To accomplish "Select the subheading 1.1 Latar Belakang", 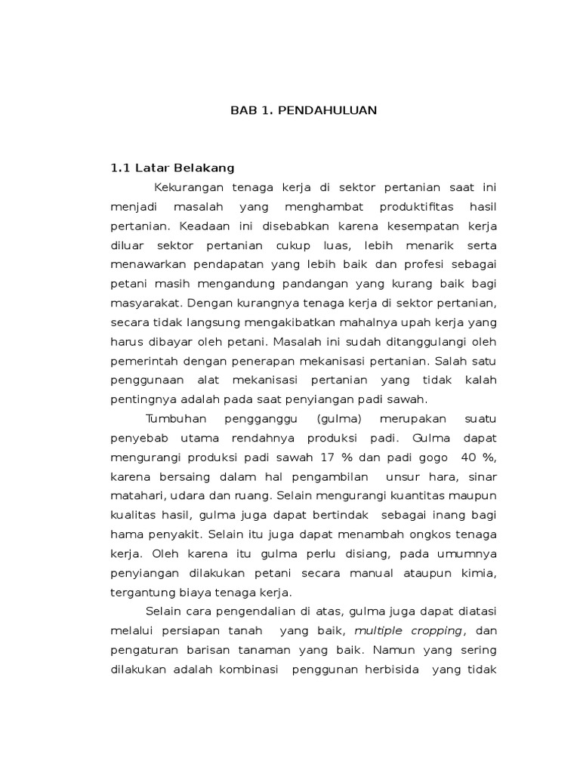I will [x=173, y=168].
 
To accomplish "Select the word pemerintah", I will [x=143, y=360].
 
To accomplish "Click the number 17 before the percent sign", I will [x=327, y=457].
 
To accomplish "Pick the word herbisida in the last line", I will [x=386, y=669].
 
